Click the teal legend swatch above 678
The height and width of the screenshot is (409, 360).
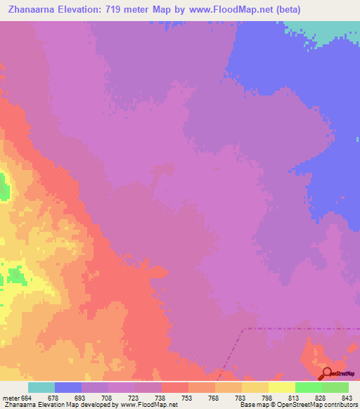pos(41,387)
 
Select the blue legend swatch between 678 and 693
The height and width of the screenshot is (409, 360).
pos(68,387)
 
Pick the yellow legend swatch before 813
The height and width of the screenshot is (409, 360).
pos(255,387)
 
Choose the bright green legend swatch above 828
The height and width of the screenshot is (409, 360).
pos(309,387)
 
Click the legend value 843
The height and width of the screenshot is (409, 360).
pos(335,397)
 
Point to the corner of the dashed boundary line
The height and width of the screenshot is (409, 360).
pos(243,328)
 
